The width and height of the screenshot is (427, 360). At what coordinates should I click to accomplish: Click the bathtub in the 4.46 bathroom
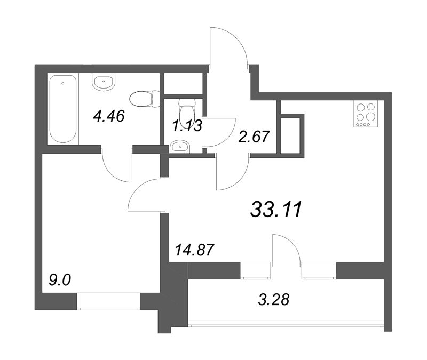point(63,109)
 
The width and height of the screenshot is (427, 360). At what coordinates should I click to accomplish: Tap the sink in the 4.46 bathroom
point(104,82)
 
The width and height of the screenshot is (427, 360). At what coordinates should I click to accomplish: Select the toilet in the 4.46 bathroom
point(144,99)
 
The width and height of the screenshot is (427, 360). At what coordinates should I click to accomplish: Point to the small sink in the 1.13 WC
point(179,147)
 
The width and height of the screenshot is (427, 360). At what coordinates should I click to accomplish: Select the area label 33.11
point(276,210)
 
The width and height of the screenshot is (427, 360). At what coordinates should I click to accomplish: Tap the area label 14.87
point(194,250)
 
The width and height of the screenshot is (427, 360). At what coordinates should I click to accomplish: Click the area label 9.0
point(60,279)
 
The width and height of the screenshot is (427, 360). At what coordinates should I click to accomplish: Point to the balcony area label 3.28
point(273,300)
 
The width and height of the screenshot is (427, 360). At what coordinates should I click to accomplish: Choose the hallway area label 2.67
point(254,137)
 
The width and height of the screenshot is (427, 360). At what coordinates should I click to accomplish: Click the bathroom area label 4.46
point(109,116)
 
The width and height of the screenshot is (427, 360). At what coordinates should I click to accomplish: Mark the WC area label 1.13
point(187,126)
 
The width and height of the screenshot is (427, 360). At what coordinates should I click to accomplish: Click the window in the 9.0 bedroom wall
point(108,301)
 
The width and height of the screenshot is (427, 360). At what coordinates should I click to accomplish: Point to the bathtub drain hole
point(63,83)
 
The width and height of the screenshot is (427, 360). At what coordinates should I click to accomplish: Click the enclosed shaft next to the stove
point(290,135)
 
